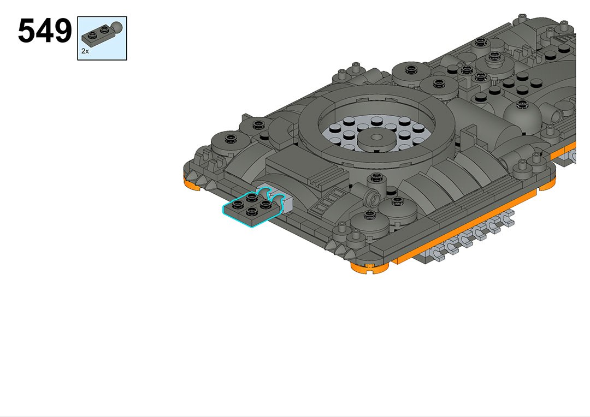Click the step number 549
tap(45, 31)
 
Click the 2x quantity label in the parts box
tap(85, 51)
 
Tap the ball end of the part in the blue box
tap(117, 27)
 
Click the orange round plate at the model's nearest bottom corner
tap(369, 269)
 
